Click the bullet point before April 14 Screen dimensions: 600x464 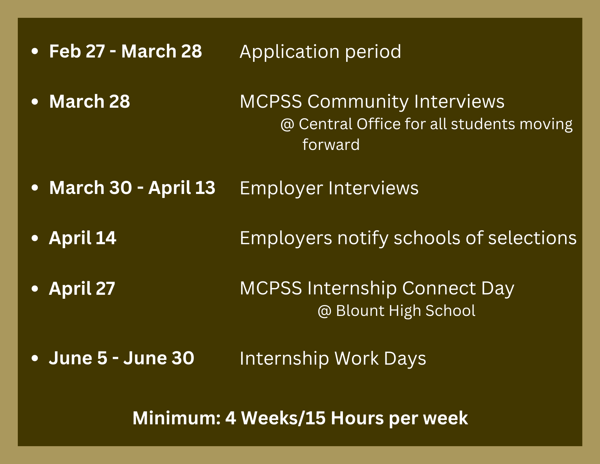[x=35, y=238]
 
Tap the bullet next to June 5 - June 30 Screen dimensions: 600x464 [x=35, y=358]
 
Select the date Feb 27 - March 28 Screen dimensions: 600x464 [x=125, y=51]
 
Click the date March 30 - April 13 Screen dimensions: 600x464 [x=132, y=188]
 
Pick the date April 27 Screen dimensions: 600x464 [x=82, y=289]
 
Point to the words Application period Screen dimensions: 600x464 [x=320, y=52]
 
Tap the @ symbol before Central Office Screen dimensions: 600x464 [x=287, y=124]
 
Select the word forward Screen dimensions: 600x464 [x=331, y=144]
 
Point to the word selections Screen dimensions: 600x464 [x=532, y=238]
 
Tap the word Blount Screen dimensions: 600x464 [x=360, y=310]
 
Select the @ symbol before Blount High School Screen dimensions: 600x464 [x=324, y=311]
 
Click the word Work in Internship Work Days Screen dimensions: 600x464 [x=356, y=358]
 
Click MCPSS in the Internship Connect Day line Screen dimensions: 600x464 [x=271, y=288]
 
